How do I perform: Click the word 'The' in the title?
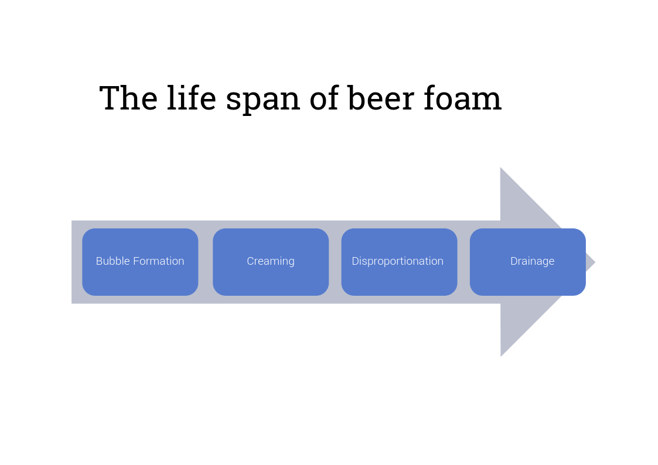click(128, 98)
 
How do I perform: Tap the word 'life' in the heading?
click(192, 98)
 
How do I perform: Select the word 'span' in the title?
click(263, 101)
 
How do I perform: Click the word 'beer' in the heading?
click(381, 98)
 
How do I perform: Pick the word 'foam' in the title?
click(462, 98)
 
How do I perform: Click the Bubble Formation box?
click(140, 262)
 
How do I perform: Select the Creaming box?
click(271, 262)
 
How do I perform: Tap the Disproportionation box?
click(399, 262)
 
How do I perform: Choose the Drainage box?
click(527, 262)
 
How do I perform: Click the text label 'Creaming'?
click(271, 262)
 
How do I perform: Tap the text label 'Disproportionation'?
click(397, 262)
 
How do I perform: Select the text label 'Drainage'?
click(532, 262)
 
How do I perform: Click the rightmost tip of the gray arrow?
click(595, 262)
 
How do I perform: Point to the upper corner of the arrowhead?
click(500, 167)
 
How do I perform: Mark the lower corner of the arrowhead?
click(500, 357)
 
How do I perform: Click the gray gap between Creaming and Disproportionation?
click(335, 262)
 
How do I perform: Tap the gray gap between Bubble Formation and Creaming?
click(206, 262)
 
